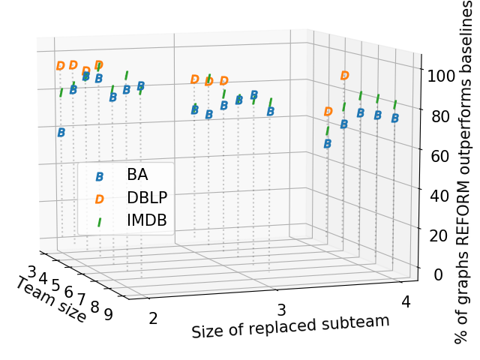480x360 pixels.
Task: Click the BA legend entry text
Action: (x=137, y=175)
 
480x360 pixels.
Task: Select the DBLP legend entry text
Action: (x=147, y=198)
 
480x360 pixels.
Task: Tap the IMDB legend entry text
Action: (x=147, y=220)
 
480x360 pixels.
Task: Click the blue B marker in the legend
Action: (x=99, y=176)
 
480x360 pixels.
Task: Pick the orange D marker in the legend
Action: (x=99, y=199)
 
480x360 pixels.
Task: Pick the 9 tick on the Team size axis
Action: (x=109, y=314)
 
